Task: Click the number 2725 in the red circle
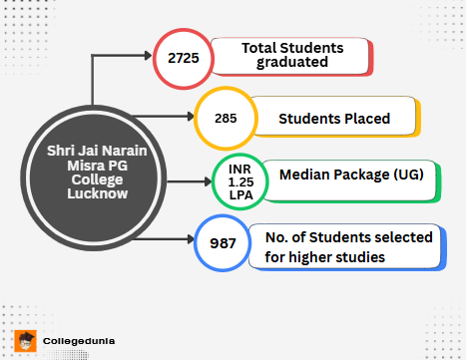click(184, 57)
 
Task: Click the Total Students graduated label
click(291, 56)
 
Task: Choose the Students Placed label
click(333, 120)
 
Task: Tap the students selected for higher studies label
click(348, 246)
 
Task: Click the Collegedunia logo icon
click(27, 340)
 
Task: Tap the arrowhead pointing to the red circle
click(150, 57)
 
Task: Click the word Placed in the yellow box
click(361, 120)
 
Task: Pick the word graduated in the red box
click(291, 64)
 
